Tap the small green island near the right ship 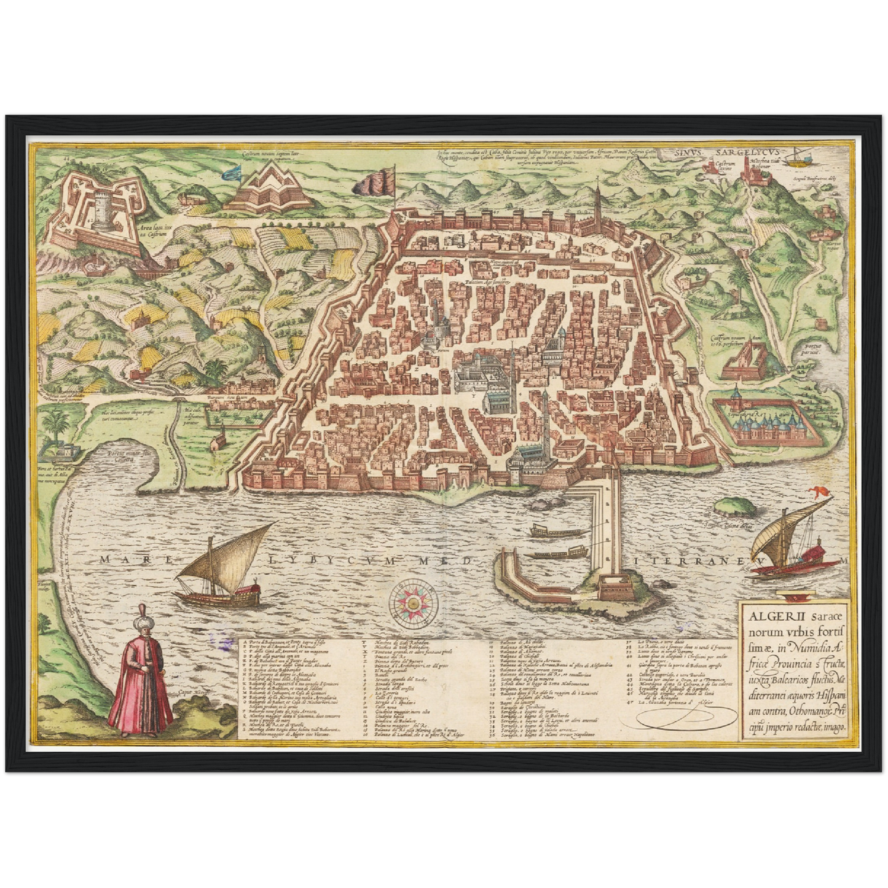(736, 505)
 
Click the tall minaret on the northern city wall (596, 209)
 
